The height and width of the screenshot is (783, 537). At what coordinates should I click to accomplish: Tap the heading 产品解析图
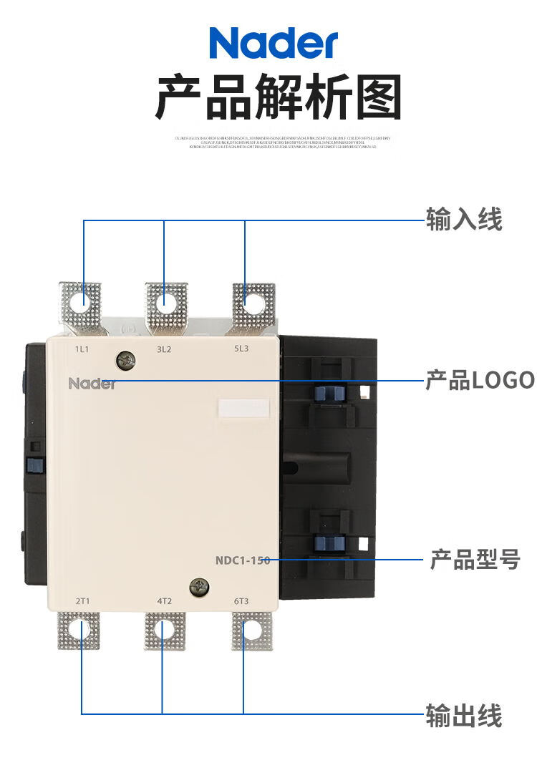click(279, 98)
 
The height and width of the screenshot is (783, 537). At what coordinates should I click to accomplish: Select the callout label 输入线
click(464, 219)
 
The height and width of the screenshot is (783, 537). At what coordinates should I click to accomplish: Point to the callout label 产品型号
click(475, 560)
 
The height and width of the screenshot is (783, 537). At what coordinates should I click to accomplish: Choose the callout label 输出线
click(464, 716)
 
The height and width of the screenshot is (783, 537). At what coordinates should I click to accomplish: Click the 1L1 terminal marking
click(82, 349)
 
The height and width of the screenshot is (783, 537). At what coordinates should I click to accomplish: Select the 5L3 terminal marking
click(241, 349)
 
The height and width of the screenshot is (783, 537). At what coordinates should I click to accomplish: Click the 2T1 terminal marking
click(82, 600)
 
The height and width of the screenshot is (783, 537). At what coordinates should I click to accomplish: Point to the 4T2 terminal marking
click(164, 600)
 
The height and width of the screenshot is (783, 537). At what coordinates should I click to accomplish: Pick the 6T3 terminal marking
click(241, 600)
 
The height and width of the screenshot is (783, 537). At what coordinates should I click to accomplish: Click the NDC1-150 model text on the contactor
click(243, 560)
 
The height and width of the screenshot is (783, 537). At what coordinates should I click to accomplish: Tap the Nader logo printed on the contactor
click(92, 384)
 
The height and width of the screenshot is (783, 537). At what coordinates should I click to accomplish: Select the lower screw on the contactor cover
click(198, 587)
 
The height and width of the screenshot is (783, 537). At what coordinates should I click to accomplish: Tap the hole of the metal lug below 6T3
click(251, 630)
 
